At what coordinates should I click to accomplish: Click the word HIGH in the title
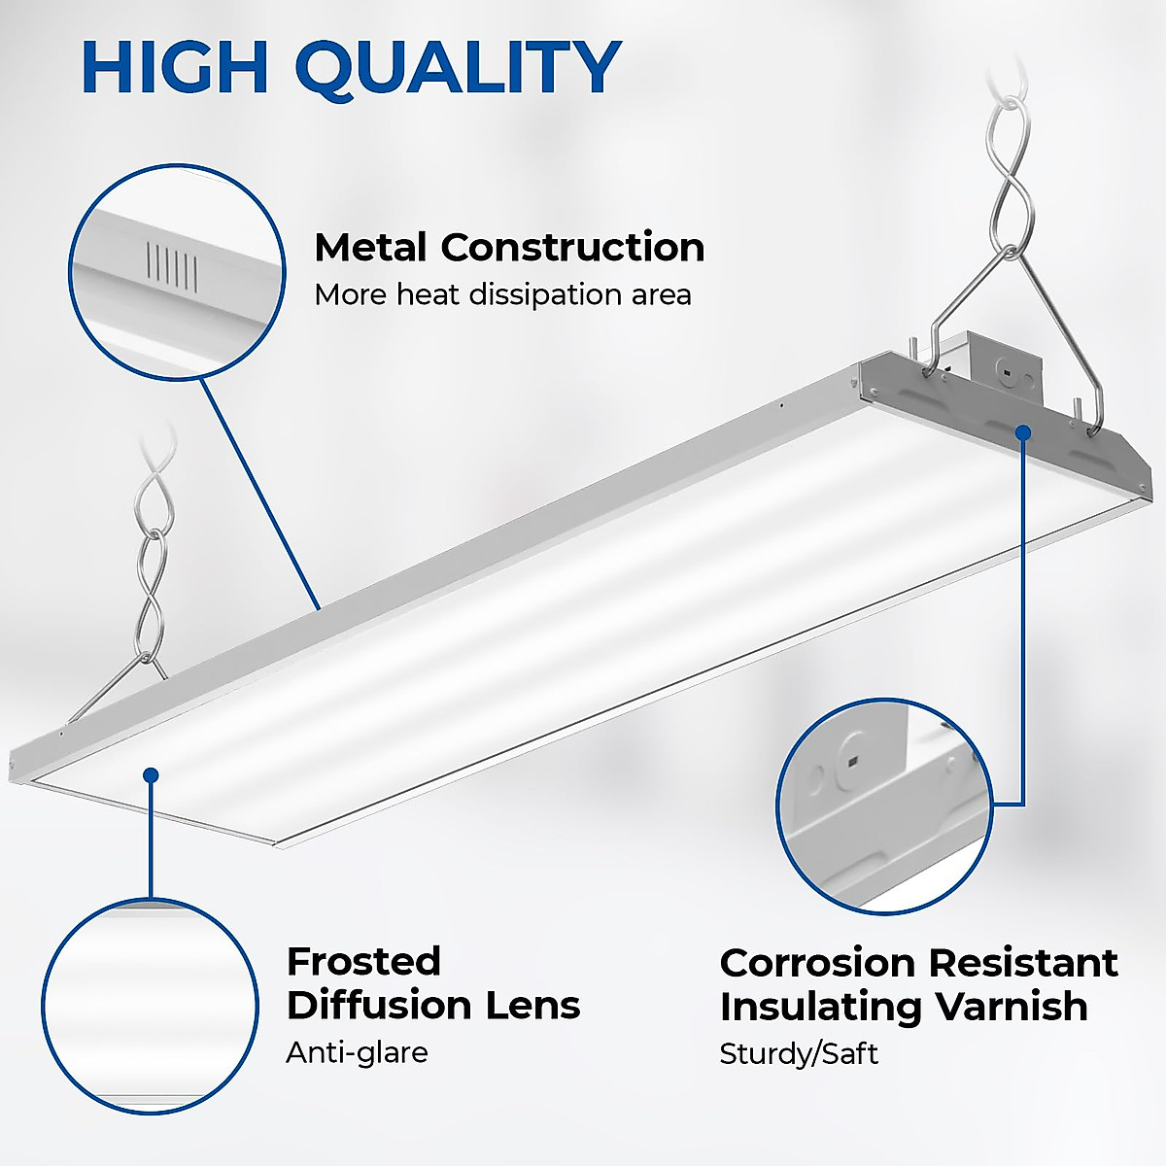[175, 67]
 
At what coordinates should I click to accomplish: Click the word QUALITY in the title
[457, 69]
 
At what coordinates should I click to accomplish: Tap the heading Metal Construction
[509, 248]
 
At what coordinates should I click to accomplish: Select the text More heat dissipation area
[502, 294]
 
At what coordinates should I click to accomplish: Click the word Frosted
[363, 962]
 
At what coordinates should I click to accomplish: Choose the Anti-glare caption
[357, 1052]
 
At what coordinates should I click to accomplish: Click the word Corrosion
[817, 964]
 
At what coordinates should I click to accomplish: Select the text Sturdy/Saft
[798, 1054]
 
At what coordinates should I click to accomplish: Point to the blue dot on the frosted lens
[151, 774]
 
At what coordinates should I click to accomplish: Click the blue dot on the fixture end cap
[1023, 430]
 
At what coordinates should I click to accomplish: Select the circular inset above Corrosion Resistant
[883, 806]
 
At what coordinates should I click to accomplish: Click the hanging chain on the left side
[151, 573]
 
